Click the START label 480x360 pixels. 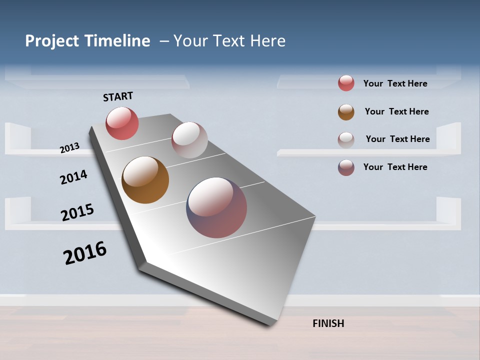tap(118, 96)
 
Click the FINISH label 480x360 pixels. tap(328, 323)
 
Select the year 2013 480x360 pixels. tap(69, 148)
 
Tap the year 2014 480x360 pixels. tap(73, 177)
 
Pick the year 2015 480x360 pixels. tap(77, 212)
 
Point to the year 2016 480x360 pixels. tap(85, 253)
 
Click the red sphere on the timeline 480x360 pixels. tap(122, 123)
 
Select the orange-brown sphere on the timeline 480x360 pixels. tap(145, 180)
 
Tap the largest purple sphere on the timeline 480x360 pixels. tap(216, 207)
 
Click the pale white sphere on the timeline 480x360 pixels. tap(189, 140)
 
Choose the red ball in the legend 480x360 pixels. tap(346, 83)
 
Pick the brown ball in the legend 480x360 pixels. tap(346, 112)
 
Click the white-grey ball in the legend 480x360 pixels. tap(346, 139)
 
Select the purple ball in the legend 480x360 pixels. tap(346, 167)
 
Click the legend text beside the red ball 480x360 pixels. tap(395, 83)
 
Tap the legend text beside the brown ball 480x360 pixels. tap(396, 111)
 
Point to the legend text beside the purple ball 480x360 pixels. tap(395, 167)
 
